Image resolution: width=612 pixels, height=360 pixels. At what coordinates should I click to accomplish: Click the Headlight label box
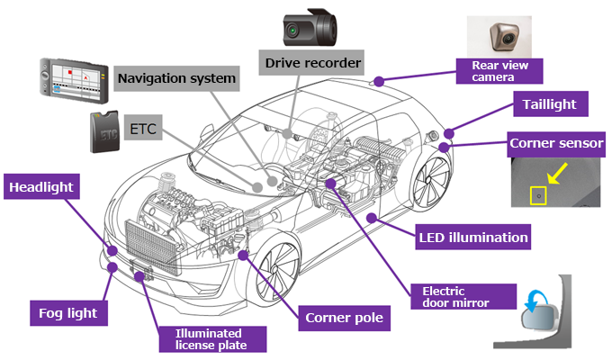click(x=41, y=186)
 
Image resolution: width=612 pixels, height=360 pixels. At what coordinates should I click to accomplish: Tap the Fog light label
click(x=68, y=313)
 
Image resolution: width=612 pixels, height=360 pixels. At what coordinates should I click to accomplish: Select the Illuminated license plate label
click(x=212, y=339)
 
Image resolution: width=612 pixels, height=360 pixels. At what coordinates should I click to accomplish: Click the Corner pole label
click(x=344, y=318)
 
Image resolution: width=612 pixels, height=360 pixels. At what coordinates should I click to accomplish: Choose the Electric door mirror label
click(x=463, y=297)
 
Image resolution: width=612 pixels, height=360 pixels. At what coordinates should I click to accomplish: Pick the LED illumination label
click(x=472, y=237)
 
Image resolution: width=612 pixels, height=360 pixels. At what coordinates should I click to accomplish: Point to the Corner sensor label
click(x=556, y=144)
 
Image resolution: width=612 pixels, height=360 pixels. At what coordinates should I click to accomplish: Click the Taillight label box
click(x=550, y=103)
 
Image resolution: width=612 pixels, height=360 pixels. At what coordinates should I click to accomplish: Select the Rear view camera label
click(x=499, y=71)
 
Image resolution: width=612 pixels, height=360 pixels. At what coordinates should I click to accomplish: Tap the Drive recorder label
click(x=311, y=62)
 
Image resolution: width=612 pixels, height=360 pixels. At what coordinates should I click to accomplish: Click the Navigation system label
click(x=176, y=78)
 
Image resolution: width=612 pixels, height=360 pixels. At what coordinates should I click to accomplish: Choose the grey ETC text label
click(x=143, y=128)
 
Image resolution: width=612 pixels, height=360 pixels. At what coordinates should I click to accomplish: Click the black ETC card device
click(x=104, y=132)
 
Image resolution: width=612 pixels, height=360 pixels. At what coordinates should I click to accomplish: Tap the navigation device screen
click(x=76, y=80)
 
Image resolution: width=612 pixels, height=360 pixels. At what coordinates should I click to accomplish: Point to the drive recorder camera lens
click(x=292, y=30)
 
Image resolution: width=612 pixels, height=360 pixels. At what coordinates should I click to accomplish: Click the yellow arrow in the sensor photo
click(x=557, y=174)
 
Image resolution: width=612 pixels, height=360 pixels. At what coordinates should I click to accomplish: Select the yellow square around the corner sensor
click(x=538, y=195)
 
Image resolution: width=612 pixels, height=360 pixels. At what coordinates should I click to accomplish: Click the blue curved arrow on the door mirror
click(x=535, y=301)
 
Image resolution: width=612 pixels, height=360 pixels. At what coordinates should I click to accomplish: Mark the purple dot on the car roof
click(x=379, y=81)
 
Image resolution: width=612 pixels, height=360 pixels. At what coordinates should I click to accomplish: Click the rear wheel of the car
click(x=432, y=183)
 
